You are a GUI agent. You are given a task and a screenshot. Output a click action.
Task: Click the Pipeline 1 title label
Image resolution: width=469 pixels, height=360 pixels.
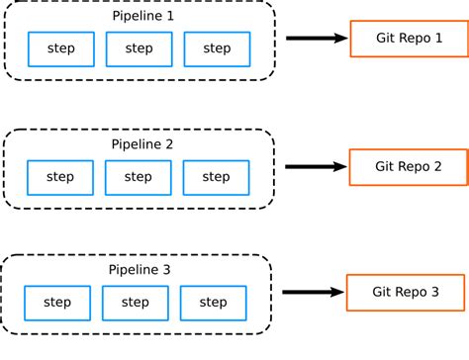click(140, 17)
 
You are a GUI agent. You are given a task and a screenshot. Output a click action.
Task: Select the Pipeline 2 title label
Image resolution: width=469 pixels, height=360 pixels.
click(140, 144)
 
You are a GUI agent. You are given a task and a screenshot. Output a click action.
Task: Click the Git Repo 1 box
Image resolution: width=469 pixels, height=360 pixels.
click(409, 39)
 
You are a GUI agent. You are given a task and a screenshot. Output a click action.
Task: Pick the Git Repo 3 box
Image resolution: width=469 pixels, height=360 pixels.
click(405, 292)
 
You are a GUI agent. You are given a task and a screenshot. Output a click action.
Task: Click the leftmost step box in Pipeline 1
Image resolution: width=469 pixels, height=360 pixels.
click(61, 48)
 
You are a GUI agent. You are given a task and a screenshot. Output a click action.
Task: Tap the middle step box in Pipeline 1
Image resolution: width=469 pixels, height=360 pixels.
click(140, 48)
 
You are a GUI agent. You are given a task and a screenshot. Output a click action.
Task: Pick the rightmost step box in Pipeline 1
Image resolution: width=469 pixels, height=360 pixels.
click(217, 48)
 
